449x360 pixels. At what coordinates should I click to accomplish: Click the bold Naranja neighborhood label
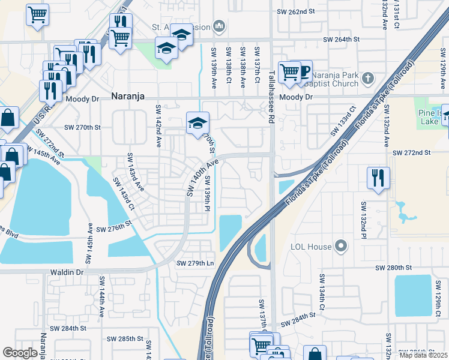point(128,95)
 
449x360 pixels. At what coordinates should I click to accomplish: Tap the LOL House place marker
point(341,245)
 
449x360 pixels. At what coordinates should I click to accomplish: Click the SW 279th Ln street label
point(195,263)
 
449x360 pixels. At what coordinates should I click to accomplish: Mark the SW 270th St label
point(83,127)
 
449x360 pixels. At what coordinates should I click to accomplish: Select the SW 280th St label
point(394,267)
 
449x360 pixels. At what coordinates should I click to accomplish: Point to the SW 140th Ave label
point(200,178)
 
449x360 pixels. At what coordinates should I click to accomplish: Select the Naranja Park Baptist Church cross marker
point(367,78)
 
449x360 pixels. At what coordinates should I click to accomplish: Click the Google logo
point(20,353)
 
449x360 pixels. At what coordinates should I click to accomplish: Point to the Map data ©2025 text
point(423,355)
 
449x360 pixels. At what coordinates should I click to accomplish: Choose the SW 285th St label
point(118,339)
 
